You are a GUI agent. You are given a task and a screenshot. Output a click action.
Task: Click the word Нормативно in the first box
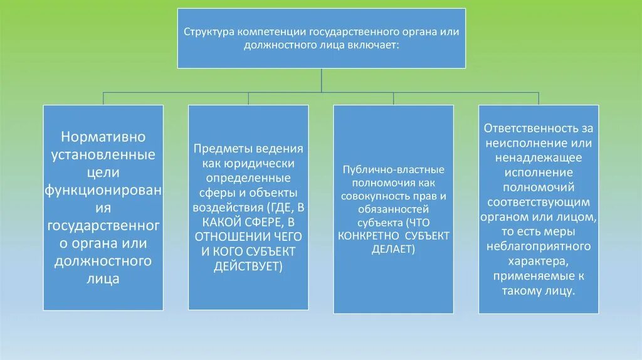(x=103, y=136)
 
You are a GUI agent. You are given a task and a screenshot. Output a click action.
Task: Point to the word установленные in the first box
(x=103, y=154)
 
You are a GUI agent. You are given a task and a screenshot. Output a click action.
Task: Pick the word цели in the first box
(x=103, y=172)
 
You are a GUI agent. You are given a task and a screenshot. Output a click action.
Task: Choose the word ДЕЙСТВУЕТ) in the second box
(x=248, y=266)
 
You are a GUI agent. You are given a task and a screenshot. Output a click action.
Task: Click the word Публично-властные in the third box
(x=393, y=170)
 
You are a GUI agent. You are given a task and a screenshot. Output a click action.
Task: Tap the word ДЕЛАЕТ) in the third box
(x=393, y=249)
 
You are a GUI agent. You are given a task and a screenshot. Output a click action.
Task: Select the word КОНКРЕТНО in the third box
(x=367, y=236)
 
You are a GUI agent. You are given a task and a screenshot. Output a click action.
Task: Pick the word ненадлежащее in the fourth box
(x=538, y=157)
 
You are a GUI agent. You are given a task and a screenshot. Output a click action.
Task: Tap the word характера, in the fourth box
(x=538, y=260)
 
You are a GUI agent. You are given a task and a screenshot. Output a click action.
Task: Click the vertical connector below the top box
(x=321, y=80)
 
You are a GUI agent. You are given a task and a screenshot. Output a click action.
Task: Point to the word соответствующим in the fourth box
(x=538, y=202)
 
